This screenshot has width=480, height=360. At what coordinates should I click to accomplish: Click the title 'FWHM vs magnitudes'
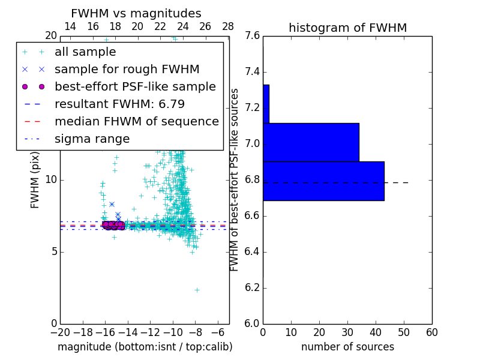[136, 13]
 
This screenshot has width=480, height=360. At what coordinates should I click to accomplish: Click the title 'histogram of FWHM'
[347, 28]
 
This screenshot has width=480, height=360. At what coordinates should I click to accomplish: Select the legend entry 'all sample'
[85, 52]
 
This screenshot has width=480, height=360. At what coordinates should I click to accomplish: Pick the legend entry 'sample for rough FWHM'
[127, 69]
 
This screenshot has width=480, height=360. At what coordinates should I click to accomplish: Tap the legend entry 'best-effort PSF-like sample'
[135, 86]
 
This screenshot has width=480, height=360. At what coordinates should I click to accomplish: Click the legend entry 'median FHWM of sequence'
[136, 121]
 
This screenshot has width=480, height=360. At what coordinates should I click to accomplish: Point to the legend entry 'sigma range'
[92, 139]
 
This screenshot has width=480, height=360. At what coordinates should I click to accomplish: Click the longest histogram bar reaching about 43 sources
[323, 181]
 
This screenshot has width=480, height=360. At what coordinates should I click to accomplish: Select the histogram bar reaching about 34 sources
[311, 142]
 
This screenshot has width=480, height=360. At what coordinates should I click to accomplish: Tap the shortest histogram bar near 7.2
[266, 104]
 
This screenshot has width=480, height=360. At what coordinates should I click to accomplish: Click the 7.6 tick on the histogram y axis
[252, 36]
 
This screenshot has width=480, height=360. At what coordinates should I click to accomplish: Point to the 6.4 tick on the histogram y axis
[252, 251]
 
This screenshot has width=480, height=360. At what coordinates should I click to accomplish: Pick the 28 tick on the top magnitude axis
[228, 26]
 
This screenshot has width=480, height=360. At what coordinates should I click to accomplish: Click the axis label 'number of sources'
[347, 347]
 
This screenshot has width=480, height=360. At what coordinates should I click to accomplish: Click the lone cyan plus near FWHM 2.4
[197, 290]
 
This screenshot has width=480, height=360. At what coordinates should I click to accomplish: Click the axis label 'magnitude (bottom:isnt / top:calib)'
[145, 347]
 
